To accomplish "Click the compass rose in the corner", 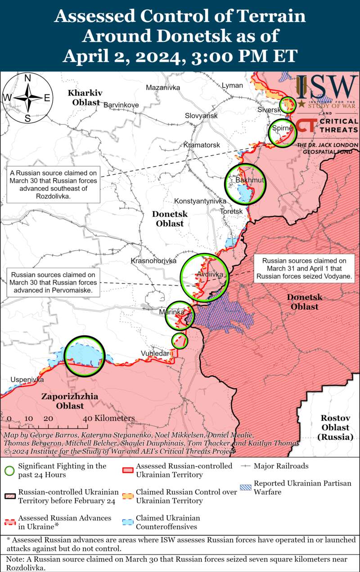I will point(27,98).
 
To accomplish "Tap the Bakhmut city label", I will point(246,180).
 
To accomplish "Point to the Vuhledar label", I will point(155,353).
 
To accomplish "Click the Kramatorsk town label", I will point(202,145).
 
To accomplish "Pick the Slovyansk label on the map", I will point(201,116).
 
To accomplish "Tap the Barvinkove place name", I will point(121,105).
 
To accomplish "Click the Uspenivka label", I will point(27,380).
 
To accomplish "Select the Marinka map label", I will point(172,312).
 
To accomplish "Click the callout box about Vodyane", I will point(304,269).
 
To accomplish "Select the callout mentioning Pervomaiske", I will point(54,283).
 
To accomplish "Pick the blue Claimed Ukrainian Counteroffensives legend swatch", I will point(128,522).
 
